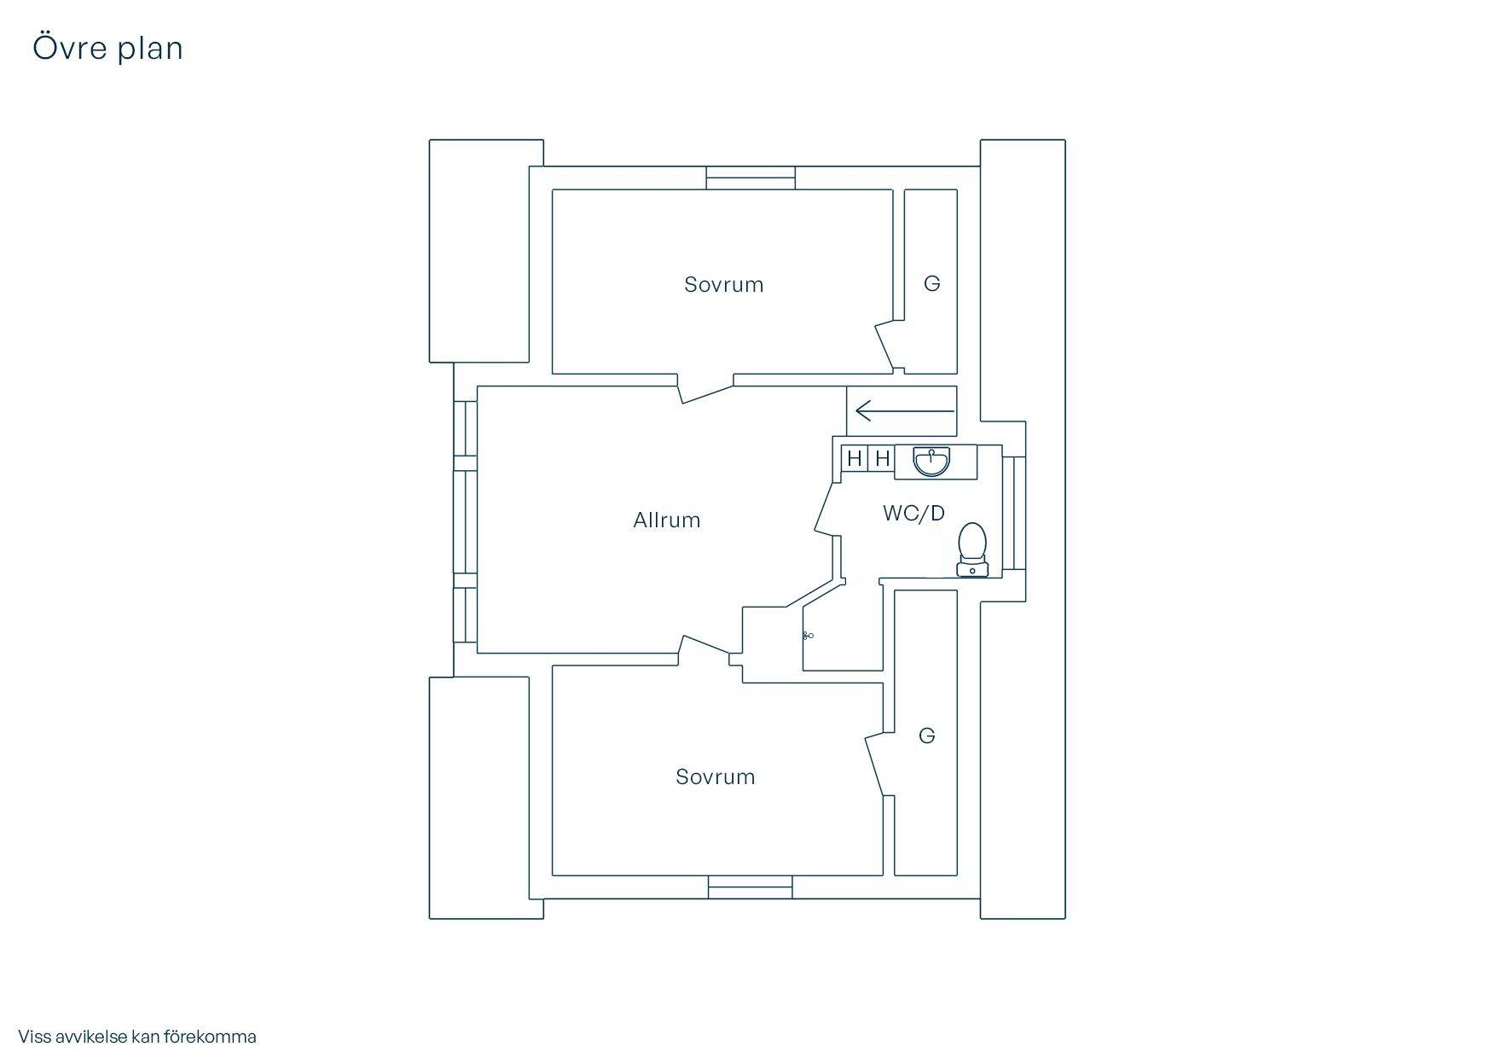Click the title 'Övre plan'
[107, 48]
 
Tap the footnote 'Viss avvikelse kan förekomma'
[137, 1037]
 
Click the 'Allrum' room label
[667, 520]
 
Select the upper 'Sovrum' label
[724, 285]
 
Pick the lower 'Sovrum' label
[716, 777]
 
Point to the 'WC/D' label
[913, 513]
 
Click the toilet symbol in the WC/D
[972, 550]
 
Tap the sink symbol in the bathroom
[932, 461]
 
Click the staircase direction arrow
[905, 411]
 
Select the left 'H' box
[855, 459]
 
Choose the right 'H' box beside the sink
[882, 459]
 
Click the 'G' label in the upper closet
[932, 283]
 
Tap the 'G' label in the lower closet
[927, 735]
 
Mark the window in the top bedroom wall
[751, 177]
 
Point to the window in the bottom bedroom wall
[751, 887]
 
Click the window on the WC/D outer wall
[1013, 513]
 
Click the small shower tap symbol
[808, 636]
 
